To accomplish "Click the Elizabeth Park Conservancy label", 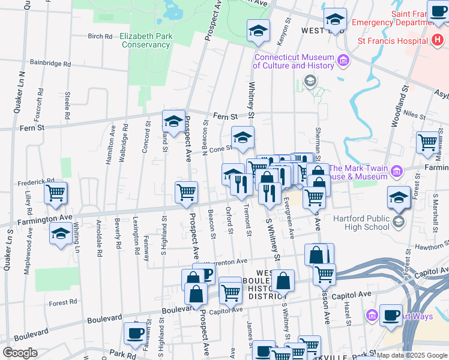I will [x=146, y=40].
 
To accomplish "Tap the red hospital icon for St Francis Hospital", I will [x=438, y=40].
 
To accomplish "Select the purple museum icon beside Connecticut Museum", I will [x=343, y=60].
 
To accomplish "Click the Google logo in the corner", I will [x=19, y=353].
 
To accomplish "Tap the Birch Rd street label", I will [x=100, y=36].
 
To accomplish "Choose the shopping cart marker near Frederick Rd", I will [x=55, y=193].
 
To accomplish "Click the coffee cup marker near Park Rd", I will [x=134, y=333].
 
